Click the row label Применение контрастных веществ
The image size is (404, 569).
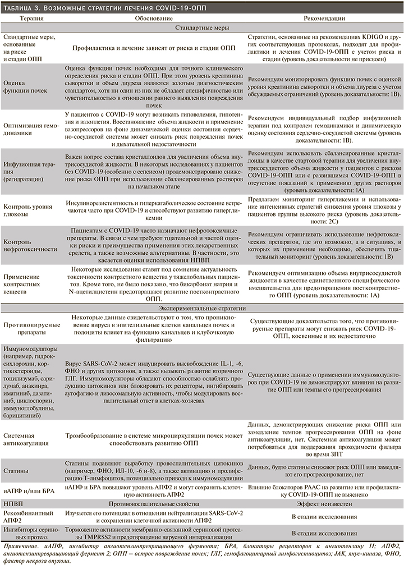26,284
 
